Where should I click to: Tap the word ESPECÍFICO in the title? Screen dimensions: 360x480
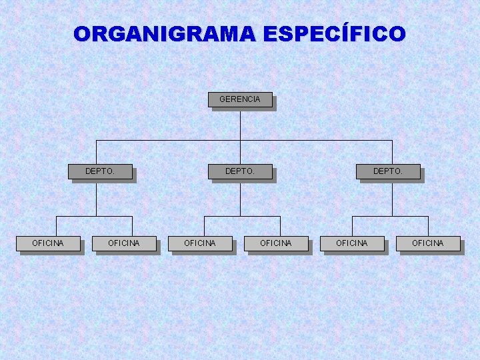click(x=334, y=33)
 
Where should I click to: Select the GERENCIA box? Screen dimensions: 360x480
click(x=240, y=99)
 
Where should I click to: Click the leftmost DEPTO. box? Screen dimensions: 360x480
click(x=100, y=171)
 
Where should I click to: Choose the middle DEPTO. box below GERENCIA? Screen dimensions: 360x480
click(x=240, y=171)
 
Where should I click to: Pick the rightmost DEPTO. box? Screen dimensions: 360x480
click(x=388, y=171)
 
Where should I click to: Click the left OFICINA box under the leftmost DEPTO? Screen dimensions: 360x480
click(x=48, y=243)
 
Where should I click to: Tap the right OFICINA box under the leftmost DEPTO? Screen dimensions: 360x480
click(x=124, y=243)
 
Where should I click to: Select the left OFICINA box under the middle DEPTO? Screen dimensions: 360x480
click(x=200, y=243)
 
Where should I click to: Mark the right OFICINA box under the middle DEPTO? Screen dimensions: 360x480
click(x=276, y=243)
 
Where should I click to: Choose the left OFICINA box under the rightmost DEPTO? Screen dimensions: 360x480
click(x=352, y=243)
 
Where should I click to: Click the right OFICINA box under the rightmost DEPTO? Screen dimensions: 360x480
click(x=428, y=243)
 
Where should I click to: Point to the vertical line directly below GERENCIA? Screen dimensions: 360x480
click(x=240, y=123)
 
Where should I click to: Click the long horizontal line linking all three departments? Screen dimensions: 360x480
click(x=167, y=141)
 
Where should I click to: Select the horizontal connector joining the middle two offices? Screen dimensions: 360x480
click(x=227, y=216)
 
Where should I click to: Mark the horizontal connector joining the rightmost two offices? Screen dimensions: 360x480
click(x=373, y=216)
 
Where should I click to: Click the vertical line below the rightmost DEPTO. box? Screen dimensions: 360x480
click(x=392, y=198)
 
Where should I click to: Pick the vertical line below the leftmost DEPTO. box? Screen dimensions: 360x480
click(x=96, y=198)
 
